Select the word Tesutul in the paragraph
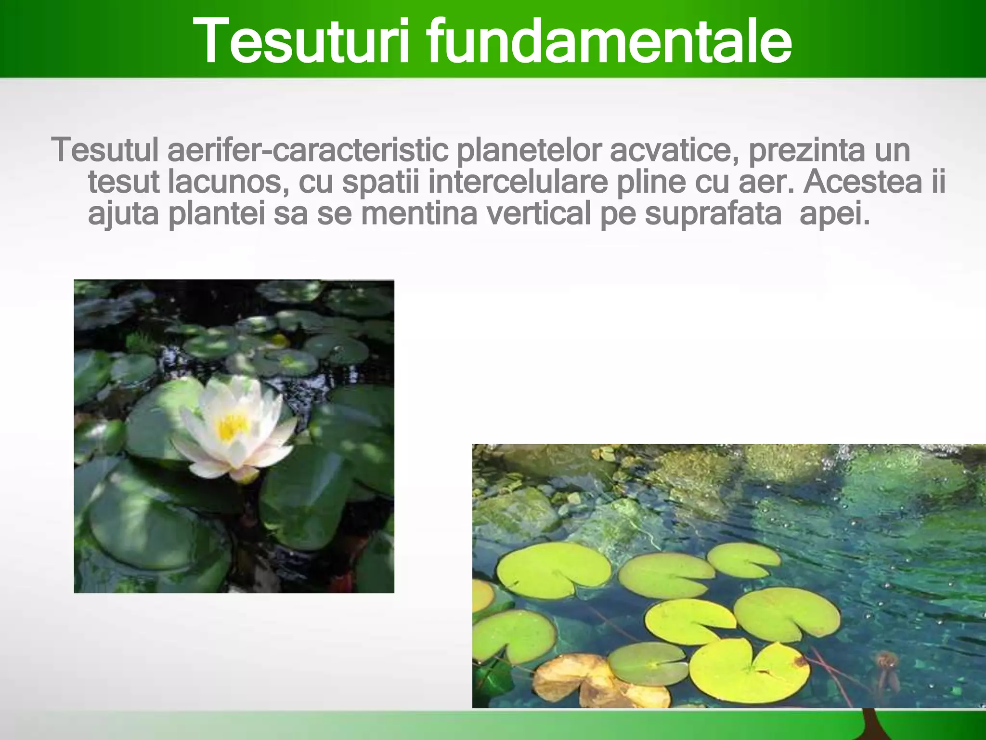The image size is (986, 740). point(105,150)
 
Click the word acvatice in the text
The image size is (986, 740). point(675,151)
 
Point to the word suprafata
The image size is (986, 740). point(713,215)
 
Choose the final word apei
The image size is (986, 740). point(834,215)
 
